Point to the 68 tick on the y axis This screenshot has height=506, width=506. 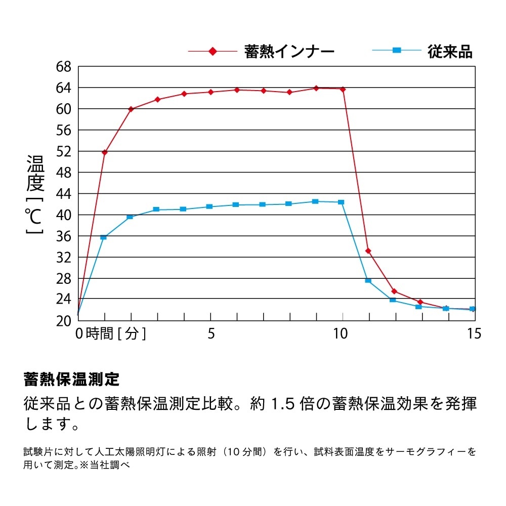(x=65, y=67)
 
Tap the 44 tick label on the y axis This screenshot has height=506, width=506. (x=65, y=194)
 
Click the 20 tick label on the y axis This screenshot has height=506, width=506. (x=65, y=320)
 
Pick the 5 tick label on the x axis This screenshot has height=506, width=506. (x=211, y=334)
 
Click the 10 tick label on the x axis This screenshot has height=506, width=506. (x=341, y=334)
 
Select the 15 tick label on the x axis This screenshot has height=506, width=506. (x=474, y=334)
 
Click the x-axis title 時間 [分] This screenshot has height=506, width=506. (x=116, y=334)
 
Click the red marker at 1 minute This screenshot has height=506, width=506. (x=105, y=152)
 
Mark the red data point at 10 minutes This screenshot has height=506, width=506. (x=343, y=89)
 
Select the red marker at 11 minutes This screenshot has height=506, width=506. (x=368, y=250)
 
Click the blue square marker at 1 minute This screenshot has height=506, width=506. (x=104, y=237)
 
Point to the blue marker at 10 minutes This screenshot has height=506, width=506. (x=341, y=202)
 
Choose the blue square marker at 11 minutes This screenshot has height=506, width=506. (x=368, y=280)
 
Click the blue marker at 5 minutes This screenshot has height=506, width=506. (x=209, y=206)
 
